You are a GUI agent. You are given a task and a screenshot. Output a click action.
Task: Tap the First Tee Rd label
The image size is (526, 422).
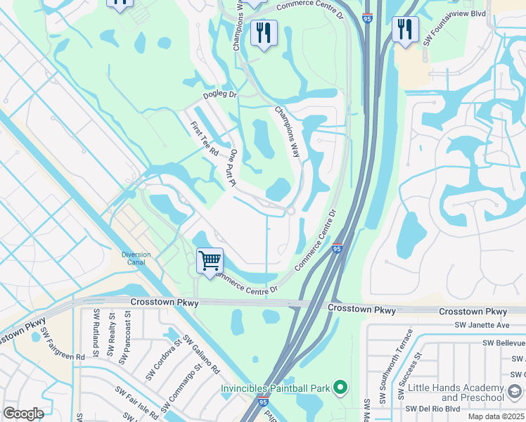[x=205, y=139]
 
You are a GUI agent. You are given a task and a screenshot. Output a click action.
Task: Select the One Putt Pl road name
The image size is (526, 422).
[x=231, y=167]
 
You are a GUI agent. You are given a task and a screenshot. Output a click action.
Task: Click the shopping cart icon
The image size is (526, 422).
[x=210, y=261]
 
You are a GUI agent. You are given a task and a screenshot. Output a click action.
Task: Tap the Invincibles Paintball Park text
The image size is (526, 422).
[x=276, y=388]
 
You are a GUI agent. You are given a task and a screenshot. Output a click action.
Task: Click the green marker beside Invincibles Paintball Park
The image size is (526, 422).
[x=341, y=388]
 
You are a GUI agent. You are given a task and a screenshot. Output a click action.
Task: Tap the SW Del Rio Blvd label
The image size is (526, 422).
[x=432, y=409]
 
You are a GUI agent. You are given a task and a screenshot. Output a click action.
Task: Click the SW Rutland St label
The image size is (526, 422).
[x=91, y=340]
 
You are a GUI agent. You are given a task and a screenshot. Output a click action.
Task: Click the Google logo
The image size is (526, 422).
[x=23, y=414]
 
